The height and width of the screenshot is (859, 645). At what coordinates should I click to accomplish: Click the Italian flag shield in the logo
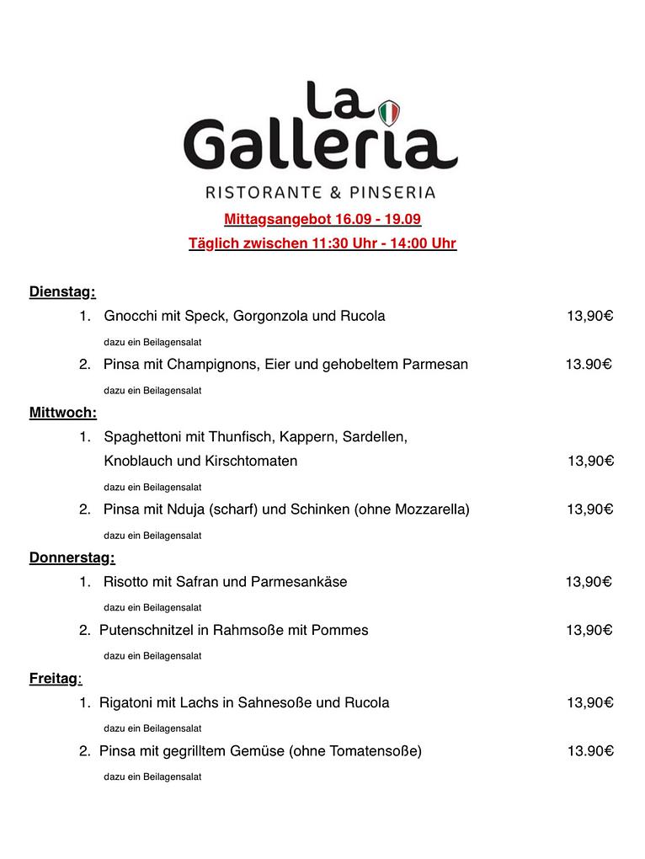click(x=388, y=112)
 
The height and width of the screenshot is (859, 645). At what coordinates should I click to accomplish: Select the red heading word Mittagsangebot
click(x=277, y=220)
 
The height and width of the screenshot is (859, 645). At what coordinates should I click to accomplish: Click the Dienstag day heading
click(x=61, y=292)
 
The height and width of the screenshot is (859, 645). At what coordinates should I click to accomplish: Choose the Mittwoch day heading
click(x=62, y=413)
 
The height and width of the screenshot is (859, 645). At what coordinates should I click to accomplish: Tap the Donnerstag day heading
click(x=72, y=558)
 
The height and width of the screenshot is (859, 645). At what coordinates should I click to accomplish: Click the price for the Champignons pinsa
click(x=588, y=365)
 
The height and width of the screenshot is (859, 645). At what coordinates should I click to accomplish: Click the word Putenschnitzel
click(x=144, y=630)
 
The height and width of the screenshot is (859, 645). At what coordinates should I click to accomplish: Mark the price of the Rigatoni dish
click(x=589, y=702)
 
